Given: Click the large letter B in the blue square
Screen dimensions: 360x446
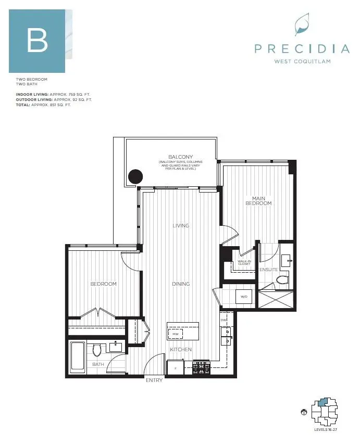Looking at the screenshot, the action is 38,41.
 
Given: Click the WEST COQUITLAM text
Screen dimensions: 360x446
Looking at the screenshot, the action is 302,61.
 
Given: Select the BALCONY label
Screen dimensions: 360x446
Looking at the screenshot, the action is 181,157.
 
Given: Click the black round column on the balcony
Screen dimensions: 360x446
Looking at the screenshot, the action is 135,176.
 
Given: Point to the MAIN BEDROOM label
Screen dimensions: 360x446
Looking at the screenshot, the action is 258,201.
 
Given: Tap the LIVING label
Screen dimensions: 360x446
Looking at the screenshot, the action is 181,225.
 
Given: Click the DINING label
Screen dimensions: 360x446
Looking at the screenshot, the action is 181,284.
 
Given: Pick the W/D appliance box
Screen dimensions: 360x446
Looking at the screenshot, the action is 244,297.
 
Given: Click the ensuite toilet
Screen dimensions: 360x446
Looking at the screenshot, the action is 282,279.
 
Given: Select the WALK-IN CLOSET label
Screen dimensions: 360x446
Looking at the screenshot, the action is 244,262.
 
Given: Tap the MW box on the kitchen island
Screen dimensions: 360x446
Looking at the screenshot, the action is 176,334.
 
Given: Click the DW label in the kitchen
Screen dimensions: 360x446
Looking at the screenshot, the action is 224,320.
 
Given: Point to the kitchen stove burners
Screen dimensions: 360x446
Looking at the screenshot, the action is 202,367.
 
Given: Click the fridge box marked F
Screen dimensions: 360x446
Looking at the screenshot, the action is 176,368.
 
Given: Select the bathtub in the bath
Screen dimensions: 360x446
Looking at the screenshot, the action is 78,358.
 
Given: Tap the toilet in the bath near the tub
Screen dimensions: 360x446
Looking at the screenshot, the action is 97,350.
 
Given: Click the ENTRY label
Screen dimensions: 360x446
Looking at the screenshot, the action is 154,380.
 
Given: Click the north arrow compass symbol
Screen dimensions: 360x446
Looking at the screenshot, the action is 304,412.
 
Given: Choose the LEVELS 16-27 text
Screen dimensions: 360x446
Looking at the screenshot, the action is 326,429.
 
